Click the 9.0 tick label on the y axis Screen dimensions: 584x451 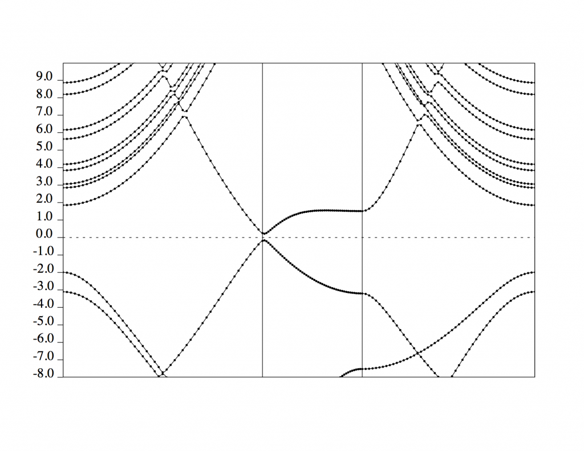pos(44,76)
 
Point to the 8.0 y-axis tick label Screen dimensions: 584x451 pos(44,94)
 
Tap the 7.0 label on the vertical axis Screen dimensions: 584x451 pos(44,112)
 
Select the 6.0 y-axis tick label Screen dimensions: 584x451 pos(44,130)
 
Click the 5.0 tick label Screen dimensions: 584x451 pos(44,147)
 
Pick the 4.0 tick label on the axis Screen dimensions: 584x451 pos(44,164)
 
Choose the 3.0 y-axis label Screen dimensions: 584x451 pos(44,182)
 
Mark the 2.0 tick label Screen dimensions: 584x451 pos(44,199)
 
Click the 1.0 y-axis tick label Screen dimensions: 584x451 pos(44,216)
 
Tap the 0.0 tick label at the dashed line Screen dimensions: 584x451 pos(44,234)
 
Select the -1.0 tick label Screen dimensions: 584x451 pos(43,252)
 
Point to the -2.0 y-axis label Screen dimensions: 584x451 pos(43,269)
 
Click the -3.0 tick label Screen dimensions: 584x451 pos(43,287)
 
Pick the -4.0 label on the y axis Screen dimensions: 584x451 pos(43,304)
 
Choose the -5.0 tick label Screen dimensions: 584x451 pos(43,321)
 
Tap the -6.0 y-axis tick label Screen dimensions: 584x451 pos(43,339)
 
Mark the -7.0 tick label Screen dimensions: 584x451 pos(43,357)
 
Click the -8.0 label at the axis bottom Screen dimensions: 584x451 pos(43,373)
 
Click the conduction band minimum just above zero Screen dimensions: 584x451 pos(264,233)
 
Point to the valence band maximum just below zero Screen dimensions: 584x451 pos(263,240)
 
